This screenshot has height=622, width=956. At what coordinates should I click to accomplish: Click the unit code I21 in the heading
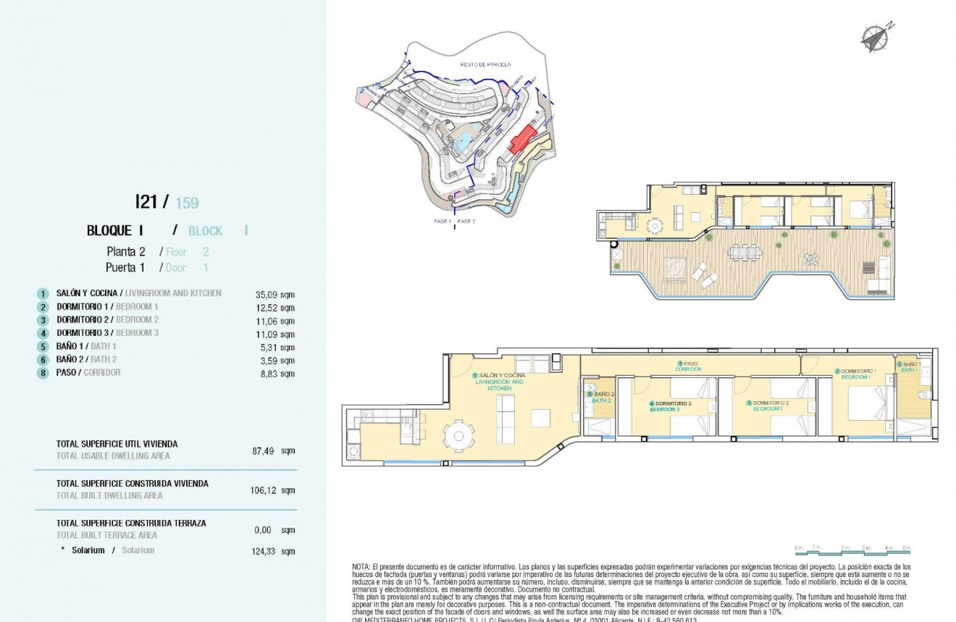coord(146,202)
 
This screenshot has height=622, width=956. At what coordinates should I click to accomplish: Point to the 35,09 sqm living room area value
coord(275,295)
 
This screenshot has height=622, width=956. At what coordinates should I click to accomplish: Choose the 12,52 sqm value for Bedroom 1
coord(275,308)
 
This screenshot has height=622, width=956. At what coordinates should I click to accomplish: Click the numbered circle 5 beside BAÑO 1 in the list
coord(43,348)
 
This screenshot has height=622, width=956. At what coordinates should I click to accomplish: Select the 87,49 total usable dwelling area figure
coord(263,450)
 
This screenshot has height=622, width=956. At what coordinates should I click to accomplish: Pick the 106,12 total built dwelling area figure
coord(263,490)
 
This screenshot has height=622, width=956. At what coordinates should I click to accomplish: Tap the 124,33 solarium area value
coord(263,551)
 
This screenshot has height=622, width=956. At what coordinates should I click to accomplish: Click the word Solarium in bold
coord(88,550)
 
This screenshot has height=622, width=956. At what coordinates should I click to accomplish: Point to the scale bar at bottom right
coord(852,552)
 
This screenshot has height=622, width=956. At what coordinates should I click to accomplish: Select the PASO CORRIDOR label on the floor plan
coord(689,366)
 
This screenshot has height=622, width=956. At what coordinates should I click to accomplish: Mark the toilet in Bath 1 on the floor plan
coord(922,395)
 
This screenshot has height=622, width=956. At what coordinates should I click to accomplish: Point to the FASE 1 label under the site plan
coord(442,220)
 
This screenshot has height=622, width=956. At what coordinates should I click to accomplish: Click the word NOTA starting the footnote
coord(361,566)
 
